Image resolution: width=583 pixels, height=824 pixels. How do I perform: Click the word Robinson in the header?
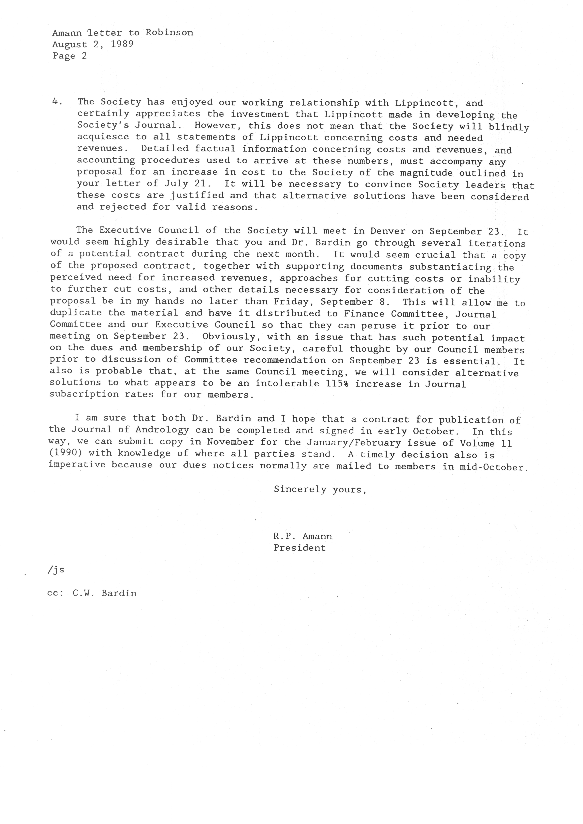(x=169, y=33)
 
